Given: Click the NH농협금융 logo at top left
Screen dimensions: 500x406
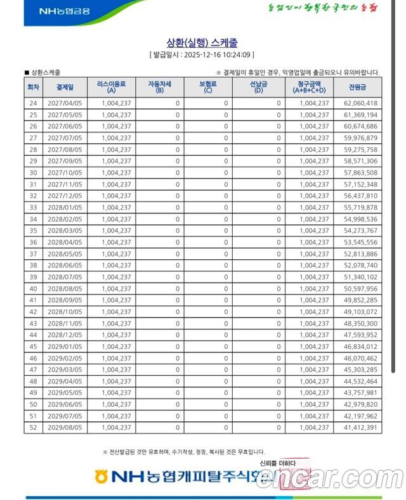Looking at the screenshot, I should tap(64, 11).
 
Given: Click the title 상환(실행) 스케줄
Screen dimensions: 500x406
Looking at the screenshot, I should tap(202, 42).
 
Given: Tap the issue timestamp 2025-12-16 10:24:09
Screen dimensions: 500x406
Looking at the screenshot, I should tap(218, 55).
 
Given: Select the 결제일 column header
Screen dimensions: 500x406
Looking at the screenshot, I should tap(65, 87).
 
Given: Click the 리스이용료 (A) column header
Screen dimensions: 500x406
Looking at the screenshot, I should tap(115, 87).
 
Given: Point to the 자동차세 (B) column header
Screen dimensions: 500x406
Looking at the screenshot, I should tap(159, 87).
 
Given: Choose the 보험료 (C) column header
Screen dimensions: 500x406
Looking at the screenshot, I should tap(207, 87).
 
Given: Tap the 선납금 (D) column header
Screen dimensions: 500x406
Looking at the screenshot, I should tap(258, 87).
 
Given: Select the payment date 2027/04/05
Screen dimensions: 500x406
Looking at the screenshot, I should tap(65, 103).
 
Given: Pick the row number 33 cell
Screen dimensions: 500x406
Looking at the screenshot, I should tap(33, 207).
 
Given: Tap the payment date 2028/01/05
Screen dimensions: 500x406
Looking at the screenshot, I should tap(65, 207).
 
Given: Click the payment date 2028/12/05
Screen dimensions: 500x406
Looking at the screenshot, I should tap(65, 335).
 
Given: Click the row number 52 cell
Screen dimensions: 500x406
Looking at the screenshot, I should tap(33, 428).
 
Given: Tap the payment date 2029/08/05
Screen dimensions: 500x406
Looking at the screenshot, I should tap(65, 428).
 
